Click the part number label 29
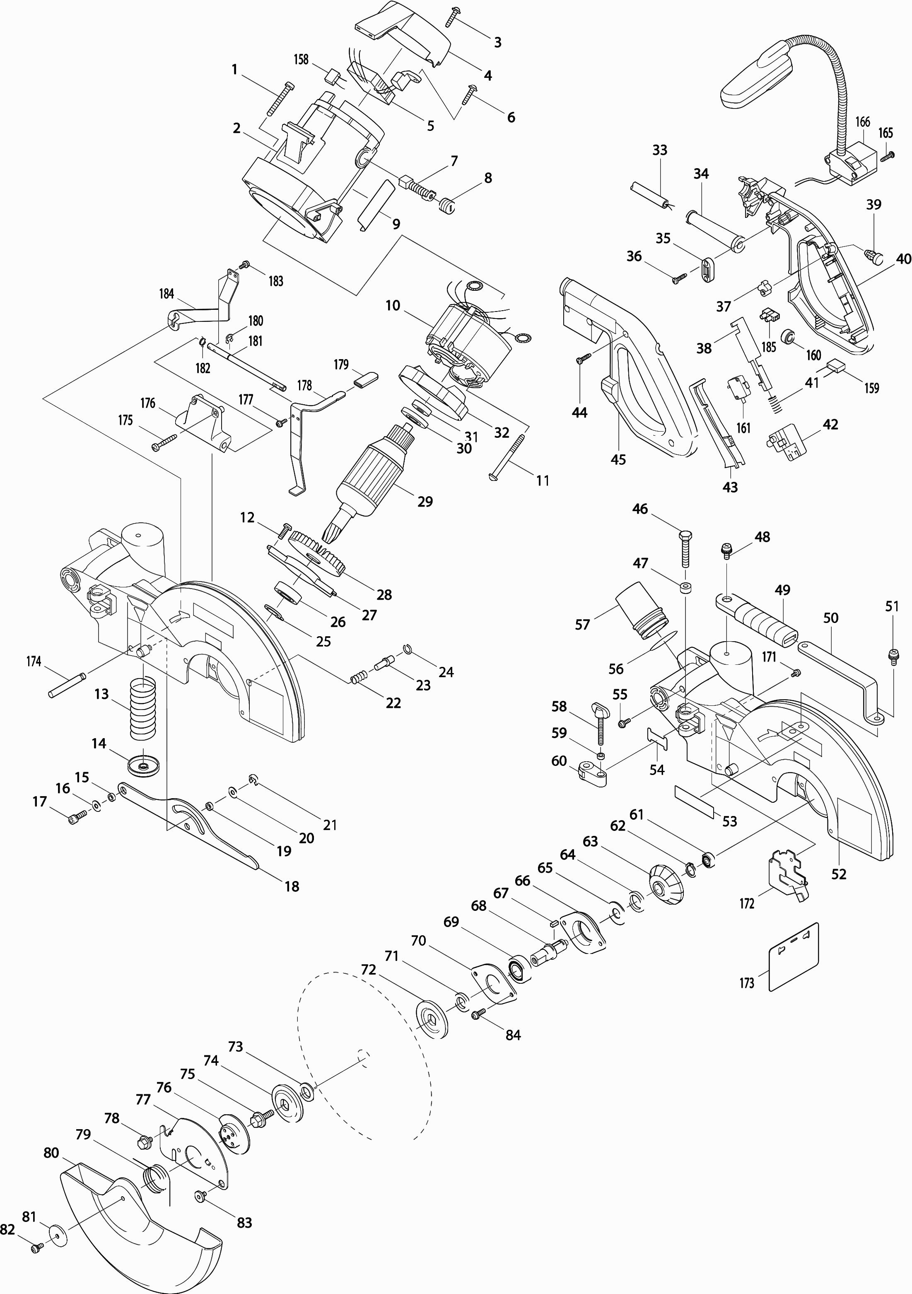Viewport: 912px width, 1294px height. pyautogui.click(x=425, y=502)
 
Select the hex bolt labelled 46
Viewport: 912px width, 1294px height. pyautogui.click(x=685, y=548)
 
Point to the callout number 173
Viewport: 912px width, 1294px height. pyautogui.click(x=747, y=983)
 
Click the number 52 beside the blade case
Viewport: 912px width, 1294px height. pyautogui.click(x=839, y=874)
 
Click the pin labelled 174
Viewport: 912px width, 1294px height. pyautogui.click(x=67, y=684)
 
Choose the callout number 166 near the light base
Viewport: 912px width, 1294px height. pyautogui.click(x=862, y=122)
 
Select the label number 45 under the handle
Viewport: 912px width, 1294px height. pyautogui.click(x=618, y=459)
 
